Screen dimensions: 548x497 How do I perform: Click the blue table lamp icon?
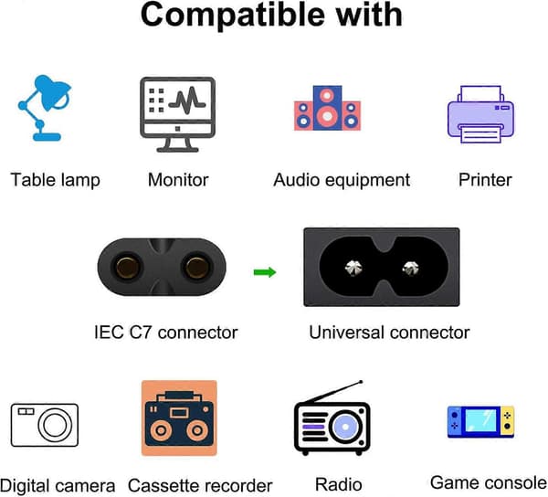pos(45,108)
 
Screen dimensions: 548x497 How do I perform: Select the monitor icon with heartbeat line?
pos(177,114)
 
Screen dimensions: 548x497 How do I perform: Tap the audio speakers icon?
pos(327,108)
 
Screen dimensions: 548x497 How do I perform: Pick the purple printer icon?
pos(480,114)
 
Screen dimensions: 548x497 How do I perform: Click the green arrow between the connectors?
pos(265,272)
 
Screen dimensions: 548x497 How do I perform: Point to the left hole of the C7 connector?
pos(127,268)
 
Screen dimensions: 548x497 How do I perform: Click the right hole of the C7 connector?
pos(196,268)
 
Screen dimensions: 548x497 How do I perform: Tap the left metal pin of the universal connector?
pos(353,268)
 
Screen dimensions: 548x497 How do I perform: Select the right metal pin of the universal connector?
pos(410,268)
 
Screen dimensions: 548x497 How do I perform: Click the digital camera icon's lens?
pos(55,426)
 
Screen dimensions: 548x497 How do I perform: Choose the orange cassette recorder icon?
pos(179,418)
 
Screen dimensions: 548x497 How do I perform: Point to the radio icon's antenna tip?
pos(361,382)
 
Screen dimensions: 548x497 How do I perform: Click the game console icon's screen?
pos(481,419)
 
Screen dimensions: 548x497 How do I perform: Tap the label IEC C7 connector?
pos(166,332)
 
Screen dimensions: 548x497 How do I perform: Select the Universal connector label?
pos(389,332)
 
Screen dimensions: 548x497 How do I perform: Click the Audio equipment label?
pos(342,180)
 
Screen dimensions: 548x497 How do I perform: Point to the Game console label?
pos(489,482)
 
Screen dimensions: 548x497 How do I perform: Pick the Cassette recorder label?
pos(200,485)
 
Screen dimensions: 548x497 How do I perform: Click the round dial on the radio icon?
pos(345,427)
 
